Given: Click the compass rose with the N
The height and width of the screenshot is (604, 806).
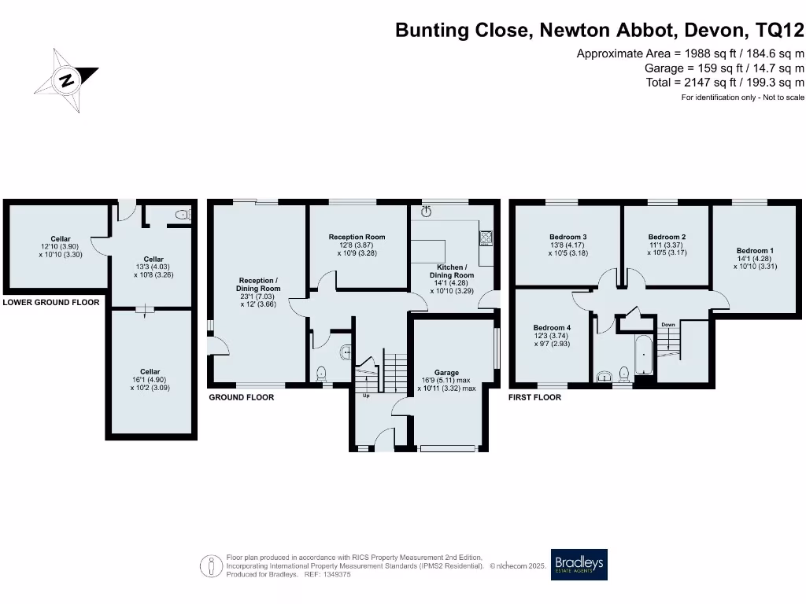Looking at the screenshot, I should [68, 80].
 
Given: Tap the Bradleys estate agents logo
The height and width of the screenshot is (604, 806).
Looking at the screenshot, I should [579, 564].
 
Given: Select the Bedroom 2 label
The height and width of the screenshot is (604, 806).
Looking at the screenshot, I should [667, 237].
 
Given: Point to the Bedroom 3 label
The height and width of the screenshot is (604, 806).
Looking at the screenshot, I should [568, 237].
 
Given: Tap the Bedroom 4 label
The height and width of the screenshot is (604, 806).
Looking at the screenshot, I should [551, 328].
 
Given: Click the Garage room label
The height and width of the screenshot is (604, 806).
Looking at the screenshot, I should [446, 373].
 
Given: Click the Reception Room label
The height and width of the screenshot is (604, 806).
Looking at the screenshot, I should [357, 237].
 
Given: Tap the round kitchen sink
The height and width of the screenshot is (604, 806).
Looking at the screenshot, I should [427, 212].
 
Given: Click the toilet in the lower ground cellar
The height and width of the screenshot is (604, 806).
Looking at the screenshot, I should [183, 214].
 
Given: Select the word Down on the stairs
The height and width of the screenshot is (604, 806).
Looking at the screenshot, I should [668, 324].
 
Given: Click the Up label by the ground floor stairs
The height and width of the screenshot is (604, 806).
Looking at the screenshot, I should [365, 396].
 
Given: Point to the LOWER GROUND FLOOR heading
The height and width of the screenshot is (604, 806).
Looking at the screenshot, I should [51, 303].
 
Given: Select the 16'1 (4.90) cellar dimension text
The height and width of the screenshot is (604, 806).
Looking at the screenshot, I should [150, 380].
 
